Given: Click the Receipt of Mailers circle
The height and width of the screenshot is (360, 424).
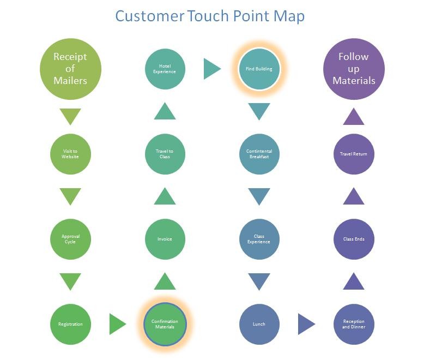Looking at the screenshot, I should [70, 69].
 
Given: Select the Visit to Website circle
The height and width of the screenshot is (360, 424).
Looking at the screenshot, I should [70, 154].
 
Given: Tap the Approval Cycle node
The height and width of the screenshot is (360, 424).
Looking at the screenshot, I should [70, 239].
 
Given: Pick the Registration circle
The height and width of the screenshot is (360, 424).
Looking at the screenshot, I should [70, 324].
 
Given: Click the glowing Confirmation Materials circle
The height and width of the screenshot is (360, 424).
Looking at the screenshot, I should [165, 324].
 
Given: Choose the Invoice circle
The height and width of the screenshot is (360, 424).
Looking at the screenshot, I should [165, 239].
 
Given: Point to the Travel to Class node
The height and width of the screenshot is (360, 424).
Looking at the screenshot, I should [165, 154].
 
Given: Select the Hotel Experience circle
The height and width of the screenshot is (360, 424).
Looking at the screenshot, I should [165, 69].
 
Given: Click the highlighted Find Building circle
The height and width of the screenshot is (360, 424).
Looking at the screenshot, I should [259, 69].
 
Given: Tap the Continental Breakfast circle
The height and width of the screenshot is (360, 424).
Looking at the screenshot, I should [259, 154].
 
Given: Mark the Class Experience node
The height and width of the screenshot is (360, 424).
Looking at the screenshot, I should [259, 239].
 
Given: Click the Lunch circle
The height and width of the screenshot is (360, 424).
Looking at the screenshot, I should [259, 324].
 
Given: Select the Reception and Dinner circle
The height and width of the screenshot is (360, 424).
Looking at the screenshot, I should [354, 324].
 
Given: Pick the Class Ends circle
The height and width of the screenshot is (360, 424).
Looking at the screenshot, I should [354, 239].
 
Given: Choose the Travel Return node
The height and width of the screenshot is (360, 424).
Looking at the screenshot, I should [354, 154].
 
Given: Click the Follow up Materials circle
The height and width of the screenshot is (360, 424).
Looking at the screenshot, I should [354, 69].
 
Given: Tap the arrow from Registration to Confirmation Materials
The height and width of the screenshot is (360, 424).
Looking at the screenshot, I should [117, 324].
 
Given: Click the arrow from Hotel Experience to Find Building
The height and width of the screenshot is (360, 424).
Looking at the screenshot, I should [211, 69].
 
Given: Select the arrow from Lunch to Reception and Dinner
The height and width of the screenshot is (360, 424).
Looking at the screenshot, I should [306, 324].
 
